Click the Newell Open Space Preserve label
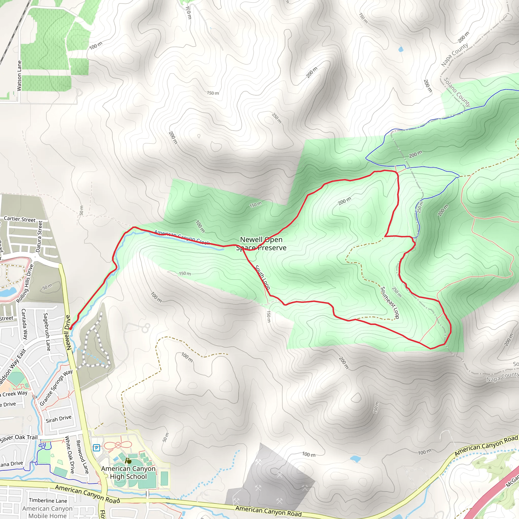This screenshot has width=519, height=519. click(x=261, y=243)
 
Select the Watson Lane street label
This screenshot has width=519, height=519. click(x=19, y=76)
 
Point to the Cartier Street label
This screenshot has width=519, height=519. click(x=20, y=219)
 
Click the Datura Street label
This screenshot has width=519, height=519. click(x=39, y=236)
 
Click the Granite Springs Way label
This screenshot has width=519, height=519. click(x=56, y=388)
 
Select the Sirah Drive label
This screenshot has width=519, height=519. click(x=59, y=419)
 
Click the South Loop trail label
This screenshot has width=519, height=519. click(x=263, y=277)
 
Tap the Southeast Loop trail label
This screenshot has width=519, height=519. click(x=390, y=303)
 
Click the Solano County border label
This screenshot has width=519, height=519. click(x=457, y=92)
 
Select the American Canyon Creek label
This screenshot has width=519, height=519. click(x=182, y=237)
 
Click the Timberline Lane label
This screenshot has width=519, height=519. click(x=48, y=500)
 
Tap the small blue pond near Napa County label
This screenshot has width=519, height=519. click(x=401, y=49)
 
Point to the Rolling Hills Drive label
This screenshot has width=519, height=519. click(x=25, y=284)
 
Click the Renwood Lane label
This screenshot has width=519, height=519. click(x=82, y=457)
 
